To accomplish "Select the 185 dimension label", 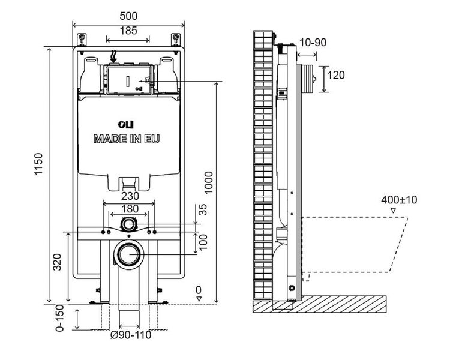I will tap(127, 31).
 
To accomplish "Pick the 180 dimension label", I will tap(130, 209).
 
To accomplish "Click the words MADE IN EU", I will tap(127, 139).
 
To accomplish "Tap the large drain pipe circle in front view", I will tap(128, 255).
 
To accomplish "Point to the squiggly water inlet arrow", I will tap(114, 56).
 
